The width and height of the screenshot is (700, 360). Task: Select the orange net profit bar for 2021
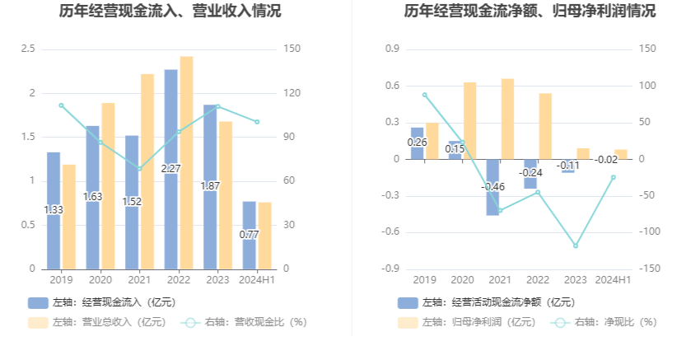[508, 119]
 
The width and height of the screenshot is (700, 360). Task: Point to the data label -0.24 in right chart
[531, 172]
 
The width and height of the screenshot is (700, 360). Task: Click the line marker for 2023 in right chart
[575, 245]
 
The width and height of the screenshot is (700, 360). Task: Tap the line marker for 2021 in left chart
[139, 168]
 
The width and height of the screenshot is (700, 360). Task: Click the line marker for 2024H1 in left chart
[257, 122]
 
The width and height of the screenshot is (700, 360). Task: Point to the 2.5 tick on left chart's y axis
[29, 49]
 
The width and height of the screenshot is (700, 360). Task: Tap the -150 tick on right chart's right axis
[649, 269]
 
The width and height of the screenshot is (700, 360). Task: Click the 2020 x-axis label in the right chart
[462, 280]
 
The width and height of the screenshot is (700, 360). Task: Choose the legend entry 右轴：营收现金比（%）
[244, 322]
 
